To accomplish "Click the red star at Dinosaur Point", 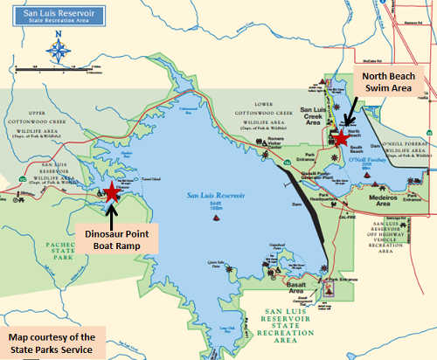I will click(x=112, y=191).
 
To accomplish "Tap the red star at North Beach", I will click(x=341, y=138).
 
